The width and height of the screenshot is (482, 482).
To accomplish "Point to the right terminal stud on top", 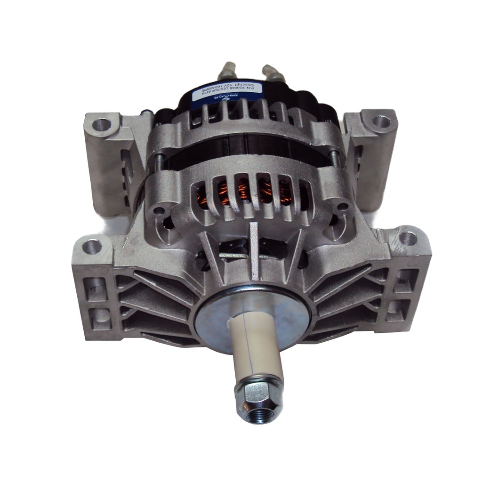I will pyautogui.click(x=274, y=73).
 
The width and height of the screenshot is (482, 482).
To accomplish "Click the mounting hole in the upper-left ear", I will pyautogui.click(x=101, y=125).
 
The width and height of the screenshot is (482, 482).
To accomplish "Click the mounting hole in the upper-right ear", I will pyautogui.click(x=381, y=121).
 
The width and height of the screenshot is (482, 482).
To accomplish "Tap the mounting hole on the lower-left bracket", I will pyautogui.click(x=91, y=246).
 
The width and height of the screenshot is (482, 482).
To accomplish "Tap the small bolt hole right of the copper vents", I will pyautogui.click(x=343, y=206).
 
